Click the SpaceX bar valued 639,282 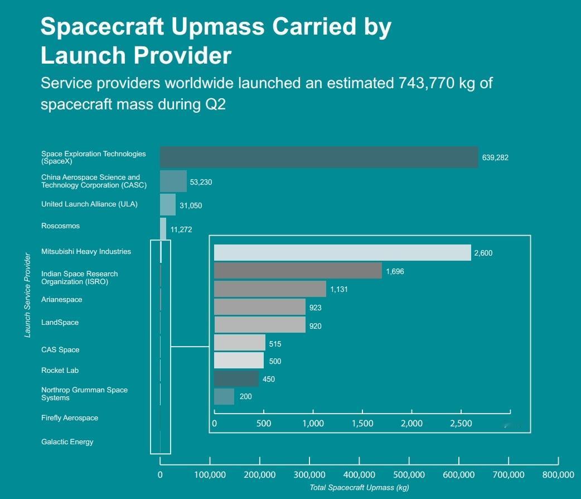319,157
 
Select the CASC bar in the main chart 173,181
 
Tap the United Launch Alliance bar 168,205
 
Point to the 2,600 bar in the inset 342,252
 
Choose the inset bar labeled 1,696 298,271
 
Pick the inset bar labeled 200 224,396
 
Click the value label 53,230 201,182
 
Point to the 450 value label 269,379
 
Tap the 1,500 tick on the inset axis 362,424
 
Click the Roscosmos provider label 60,226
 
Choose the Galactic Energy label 67,442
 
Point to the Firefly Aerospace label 70,418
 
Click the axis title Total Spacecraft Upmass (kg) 359,488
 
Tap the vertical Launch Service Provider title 27,296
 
